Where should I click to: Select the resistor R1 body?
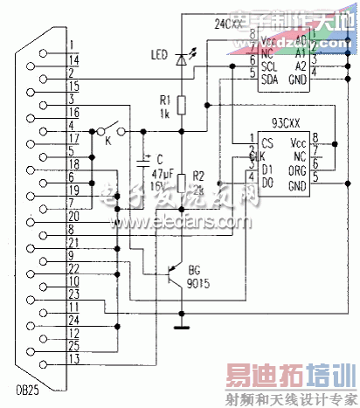point(182,105)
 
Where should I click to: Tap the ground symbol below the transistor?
point(182,328)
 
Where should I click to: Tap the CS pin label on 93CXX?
point(262,145)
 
